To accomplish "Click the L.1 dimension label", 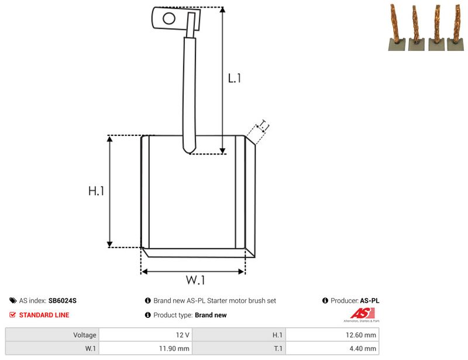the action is pos(235,78).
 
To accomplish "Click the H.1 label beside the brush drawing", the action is pos(96,191).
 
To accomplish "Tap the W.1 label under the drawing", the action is pos(195,280).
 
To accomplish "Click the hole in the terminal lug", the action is pos(169,19).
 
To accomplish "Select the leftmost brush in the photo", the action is pos(397,28).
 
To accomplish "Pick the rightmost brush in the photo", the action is pos(456,28).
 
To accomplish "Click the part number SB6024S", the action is pos(63,300).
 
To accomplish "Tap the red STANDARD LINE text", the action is pos(44,315).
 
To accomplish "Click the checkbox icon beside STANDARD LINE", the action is pos(12,314).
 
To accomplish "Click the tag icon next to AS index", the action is pos(13,300).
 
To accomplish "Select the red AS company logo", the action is pos(362,314).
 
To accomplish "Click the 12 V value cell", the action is pos(146,335).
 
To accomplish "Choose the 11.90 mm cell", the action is pos(146,348).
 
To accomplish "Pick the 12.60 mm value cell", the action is pos(332,335).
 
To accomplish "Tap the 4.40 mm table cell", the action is pos(332,348).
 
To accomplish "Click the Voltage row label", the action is pos(85,335).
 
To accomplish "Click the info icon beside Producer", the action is pos(325,300).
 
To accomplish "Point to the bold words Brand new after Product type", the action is pos(211,315).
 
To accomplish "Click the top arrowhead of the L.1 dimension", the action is pos(222,10).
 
